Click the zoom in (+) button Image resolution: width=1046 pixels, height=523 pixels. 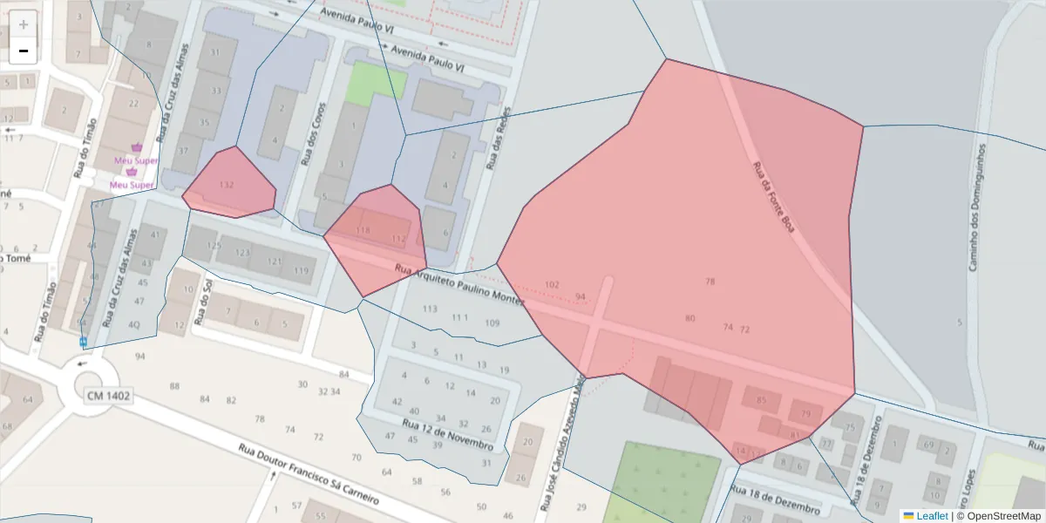click(24, 24)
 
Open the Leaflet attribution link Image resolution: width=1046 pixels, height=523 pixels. click(932, 516)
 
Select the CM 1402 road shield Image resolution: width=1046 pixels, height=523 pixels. click(109, 396)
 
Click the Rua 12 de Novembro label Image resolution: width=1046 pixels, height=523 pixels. click(447, 434)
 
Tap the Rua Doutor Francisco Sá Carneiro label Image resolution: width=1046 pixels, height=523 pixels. click(309, 475)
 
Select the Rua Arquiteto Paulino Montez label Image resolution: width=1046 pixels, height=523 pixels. click(458, 285)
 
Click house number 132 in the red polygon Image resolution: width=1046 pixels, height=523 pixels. click(227, 185)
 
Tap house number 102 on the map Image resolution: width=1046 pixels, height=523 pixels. click(551, 285)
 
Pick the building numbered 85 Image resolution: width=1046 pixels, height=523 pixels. click(763, 401)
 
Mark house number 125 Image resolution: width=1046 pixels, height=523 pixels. click(214, 247)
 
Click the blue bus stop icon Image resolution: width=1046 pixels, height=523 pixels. click(83, 343)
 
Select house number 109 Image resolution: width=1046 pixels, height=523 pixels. click(492, 323)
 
